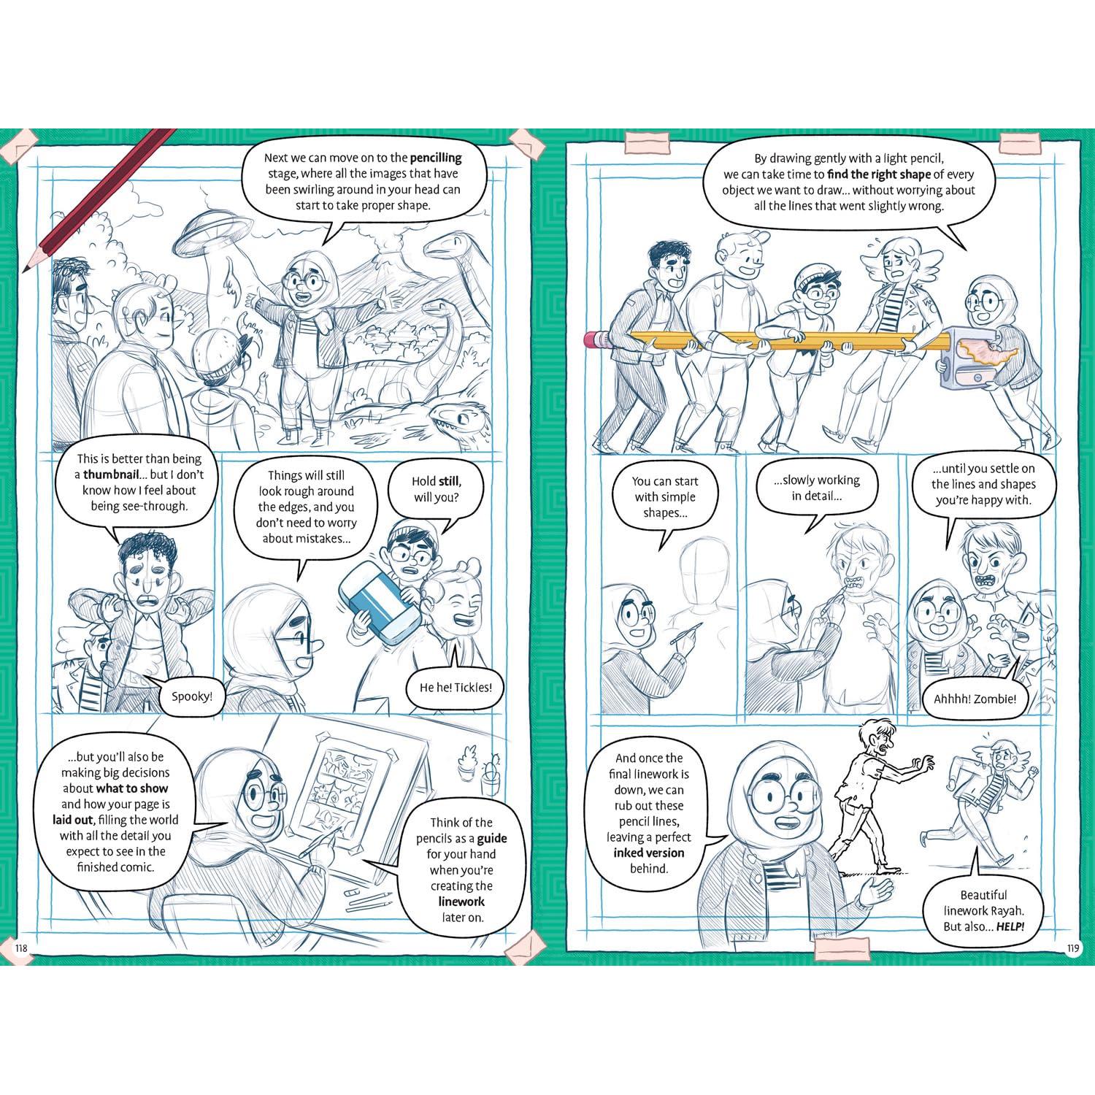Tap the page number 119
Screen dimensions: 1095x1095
point(1072,949)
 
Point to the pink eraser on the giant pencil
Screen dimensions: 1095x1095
point(599,339)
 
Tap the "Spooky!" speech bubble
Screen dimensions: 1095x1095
point(191,695)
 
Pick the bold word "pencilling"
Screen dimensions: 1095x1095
point(436,158)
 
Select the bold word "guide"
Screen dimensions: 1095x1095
point(492,838)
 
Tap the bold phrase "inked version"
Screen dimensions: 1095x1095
point(648,853)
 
